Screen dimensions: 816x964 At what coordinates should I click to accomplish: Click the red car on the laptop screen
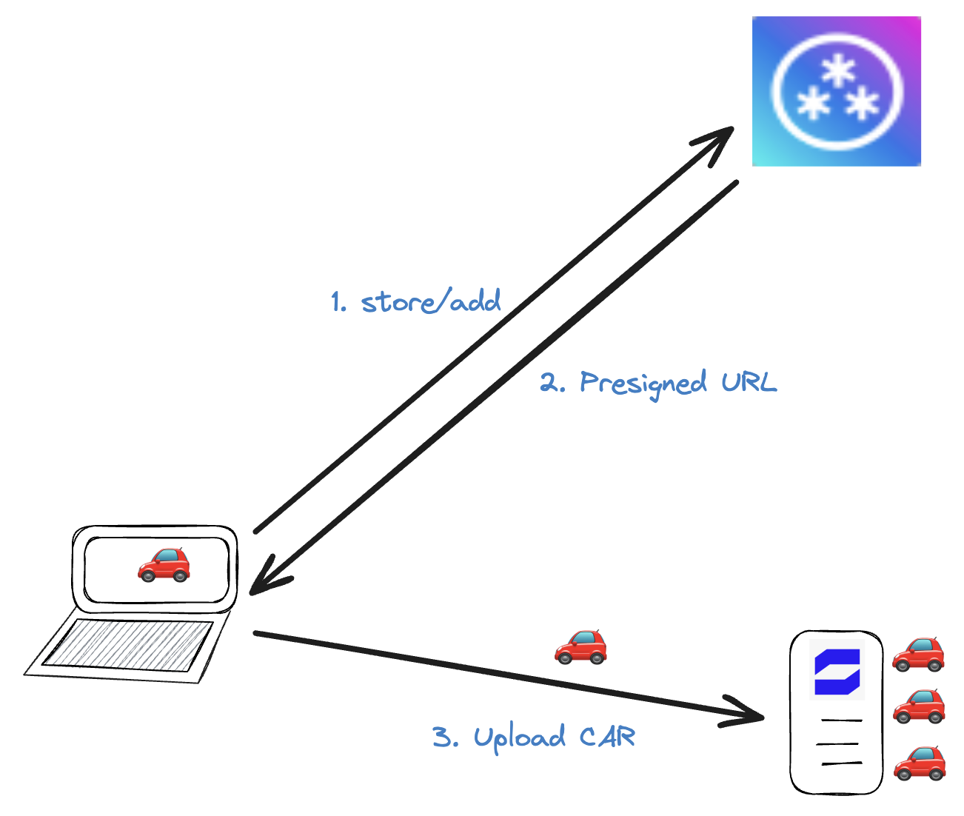tap(164, 565)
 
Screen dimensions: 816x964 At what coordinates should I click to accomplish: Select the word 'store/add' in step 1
tap(431, 301)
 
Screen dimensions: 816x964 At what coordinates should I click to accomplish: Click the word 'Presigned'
tap(643, 384)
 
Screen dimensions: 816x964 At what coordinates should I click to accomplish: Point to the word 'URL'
tap(749, 382)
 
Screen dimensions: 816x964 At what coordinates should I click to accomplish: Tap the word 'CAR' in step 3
tap(607, 737)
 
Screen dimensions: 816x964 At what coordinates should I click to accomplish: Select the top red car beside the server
tap(918, 654)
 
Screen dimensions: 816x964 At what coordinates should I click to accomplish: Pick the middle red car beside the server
tap(919, 706)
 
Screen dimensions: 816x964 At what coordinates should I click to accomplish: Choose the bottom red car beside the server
tap(920, 763)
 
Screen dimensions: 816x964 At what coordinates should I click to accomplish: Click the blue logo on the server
tap(837, 672)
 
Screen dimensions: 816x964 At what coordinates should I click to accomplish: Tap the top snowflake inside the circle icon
tap(839, 73)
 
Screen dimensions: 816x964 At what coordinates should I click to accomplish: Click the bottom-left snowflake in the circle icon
tap(813, 104)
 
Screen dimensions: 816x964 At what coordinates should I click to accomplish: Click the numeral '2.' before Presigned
tap(552, 384)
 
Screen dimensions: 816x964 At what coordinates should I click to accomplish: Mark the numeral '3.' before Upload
tap(446, 738)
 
